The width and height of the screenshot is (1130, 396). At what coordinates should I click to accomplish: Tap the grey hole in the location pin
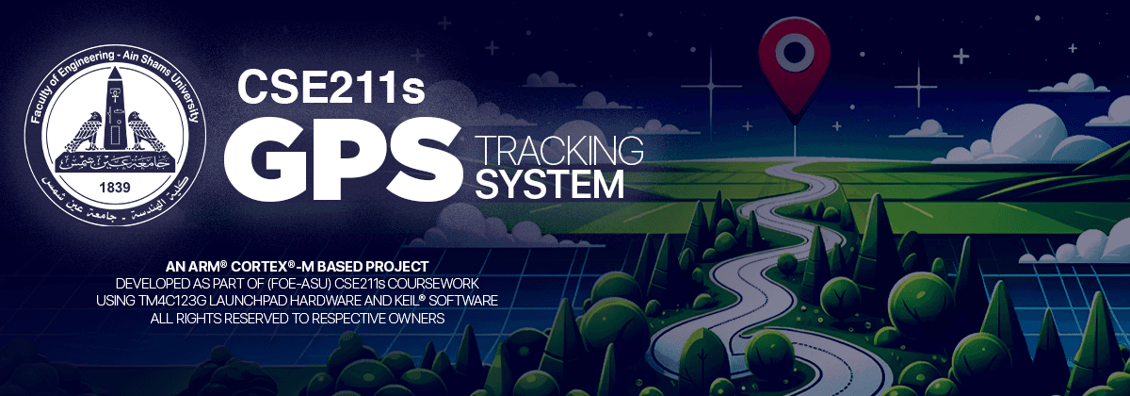click(793, 51)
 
